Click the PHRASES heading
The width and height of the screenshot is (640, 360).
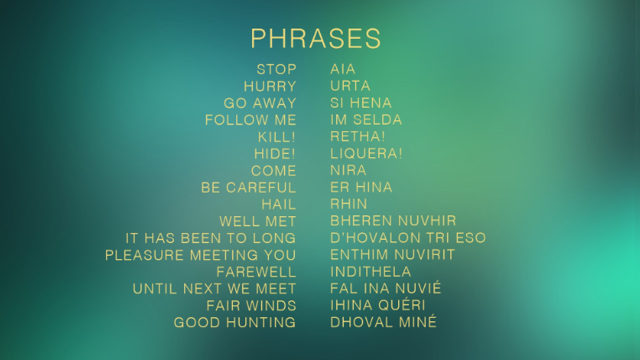coord(315,38)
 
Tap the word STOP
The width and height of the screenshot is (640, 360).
coord(276,69)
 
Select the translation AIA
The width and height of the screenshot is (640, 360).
coord(343,69)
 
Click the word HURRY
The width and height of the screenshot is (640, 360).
coord(270,86)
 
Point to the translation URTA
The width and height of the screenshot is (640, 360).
coord(350,86)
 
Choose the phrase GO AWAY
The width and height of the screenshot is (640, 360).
coord(260,103)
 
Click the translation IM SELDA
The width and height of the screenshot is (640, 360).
coord(366,119)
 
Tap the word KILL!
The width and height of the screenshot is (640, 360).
coord(276,137)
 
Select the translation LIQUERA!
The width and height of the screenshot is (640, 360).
coord(366,153)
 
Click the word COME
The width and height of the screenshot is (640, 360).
coord(273,171)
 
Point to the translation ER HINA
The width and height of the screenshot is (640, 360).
coord(361,187)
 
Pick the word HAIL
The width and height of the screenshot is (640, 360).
coord(279,204)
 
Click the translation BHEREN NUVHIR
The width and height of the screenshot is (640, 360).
coord(393,221)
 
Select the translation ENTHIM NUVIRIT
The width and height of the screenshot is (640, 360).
coord(392,254)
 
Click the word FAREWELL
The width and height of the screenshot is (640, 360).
coord(256,272)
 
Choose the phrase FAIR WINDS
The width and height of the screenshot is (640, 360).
coord(251,305)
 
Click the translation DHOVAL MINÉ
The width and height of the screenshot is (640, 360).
coord(383,321)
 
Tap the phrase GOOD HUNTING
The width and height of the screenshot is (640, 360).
coord(235,322)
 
